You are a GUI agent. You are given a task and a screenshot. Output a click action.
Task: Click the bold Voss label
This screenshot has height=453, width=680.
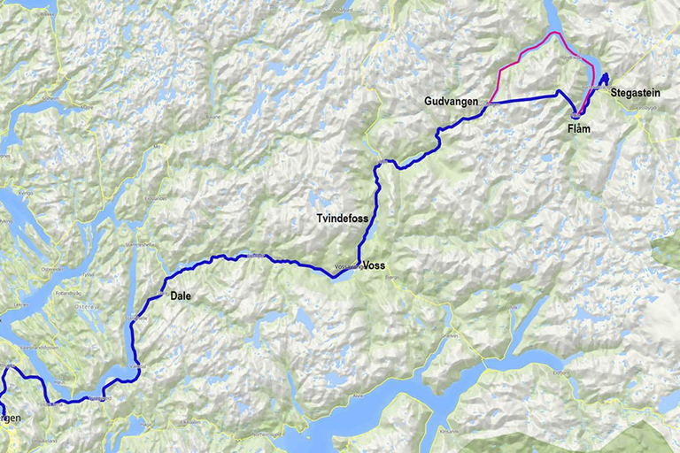(x=375, y=265)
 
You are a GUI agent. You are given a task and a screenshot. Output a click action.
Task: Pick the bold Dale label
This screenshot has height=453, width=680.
(x=181, y=298)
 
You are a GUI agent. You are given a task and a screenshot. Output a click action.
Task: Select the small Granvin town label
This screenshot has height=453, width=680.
(x=452, y=336)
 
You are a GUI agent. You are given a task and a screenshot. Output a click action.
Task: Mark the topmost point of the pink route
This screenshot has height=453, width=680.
(x=555, y=33)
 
